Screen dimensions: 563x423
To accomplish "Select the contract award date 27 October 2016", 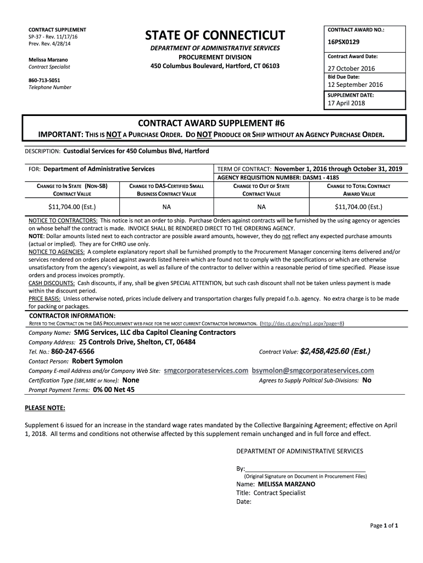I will [351, 69].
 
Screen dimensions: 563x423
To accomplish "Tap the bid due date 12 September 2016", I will [355, 85].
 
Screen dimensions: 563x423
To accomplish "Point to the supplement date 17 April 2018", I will [346, 103].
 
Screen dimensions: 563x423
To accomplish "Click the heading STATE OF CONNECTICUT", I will [215, 36].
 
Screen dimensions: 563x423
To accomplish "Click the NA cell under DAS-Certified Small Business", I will [166, 207].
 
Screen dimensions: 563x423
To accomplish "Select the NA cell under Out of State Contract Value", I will [261, 207].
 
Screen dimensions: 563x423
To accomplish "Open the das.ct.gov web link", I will [302, 323].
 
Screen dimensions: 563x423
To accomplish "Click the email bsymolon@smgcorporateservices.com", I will [313, 371].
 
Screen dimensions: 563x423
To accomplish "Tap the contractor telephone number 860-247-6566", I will [73, 351].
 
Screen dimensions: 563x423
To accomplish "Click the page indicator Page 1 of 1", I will [384, 526].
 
